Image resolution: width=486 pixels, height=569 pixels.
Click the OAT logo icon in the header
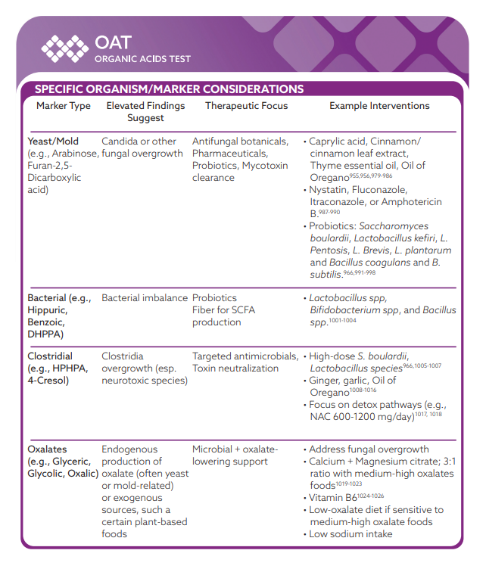pyautogui.click(x=65, y=48)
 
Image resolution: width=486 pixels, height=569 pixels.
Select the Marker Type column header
pyautogui.click(x=64, y=106)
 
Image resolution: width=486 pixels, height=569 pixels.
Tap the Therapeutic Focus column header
pyautogui.click(x=246, y=106)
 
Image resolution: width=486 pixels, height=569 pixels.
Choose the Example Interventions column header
pyautogui.click(x=379, y=106)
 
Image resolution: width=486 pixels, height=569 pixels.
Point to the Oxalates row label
pyautogui.click(x=48, y=449)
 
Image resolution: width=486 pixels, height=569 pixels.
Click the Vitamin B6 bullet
pyautogui.click(x=334, y=498)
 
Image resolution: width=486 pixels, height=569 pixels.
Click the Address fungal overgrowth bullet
pyautogui.click(x=369, y=449)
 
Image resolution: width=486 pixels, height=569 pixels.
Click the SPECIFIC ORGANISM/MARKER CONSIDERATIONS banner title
pyautogui.click(x=170, y=89)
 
